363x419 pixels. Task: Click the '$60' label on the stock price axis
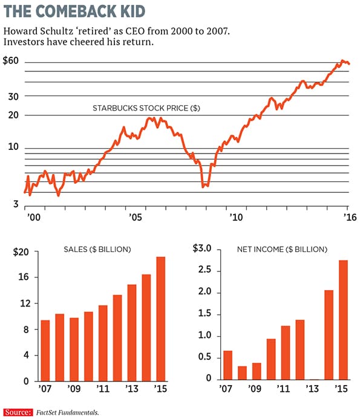tap(11, 61)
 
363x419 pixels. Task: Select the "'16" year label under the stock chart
tap(348, 216)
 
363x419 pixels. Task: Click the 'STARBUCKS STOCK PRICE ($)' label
tap(146, 108)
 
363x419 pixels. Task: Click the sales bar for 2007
tap(45, 350)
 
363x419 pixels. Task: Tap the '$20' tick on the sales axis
tap(21, 252)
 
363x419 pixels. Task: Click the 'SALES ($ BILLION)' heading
tap(97, 249)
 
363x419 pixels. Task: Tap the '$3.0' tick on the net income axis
tap(201, 249)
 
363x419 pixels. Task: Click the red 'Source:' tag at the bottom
tap(17, 412)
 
